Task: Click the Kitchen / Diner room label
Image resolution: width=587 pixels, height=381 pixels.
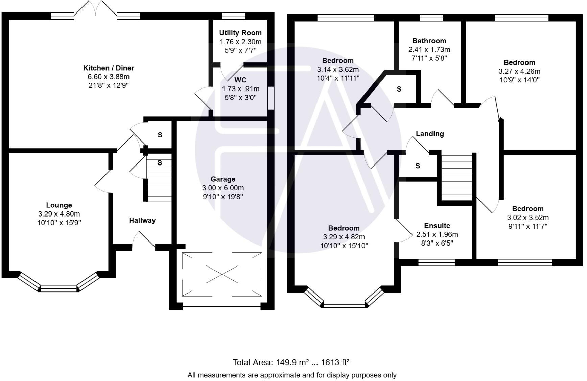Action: (x=109, y=68)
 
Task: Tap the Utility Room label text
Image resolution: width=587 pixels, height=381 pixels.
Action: (x=240, y=33)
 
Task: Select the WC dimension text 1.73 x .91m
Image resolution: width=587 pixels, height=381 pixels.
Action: (x=240, y=89)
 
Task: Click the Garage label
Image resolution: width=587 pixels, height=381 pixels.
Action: (x=223, y=179)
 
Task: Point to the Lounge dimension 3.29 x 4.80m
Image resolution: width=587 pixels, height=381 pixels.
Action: (x=59, y=214)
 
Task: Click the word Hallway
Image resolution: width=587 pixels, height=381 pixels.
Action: (x=142, y=220)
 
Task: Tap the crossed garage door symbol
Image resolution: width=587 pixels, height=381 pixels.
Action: (x=222, y=274)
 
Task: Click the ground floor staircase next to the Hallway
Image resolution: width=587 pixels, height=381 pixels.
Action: (x=159, y=182)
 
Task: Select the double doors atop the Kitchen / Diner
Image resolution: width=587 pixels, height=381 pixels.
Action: (x=96, y=8)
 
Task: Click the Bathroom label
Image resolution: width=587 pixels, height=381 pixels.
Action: (x=429, y=41)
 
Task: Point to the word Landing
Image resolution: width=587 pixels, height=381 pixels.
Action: (x=429, y=134)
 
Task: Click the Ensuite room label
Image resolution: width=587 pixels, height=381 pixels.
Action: (x=437, y=226)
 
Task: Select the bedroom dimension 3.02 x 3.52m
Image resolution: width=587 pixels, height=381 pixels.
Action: (x=527, y=218)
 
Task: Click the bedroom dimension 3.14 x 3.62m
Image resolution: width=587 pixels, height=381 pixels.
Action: (x=337, y=70)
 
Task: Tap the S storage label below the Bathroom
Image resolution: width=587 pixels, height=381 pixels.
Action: (x=399, y=89)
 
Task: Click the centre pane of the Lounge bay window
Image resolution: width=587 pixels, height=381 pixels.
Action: (x=58, y=288)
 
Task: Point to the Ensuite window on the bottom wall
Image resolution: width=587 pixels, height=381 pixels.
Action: (x=436, y=262)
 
